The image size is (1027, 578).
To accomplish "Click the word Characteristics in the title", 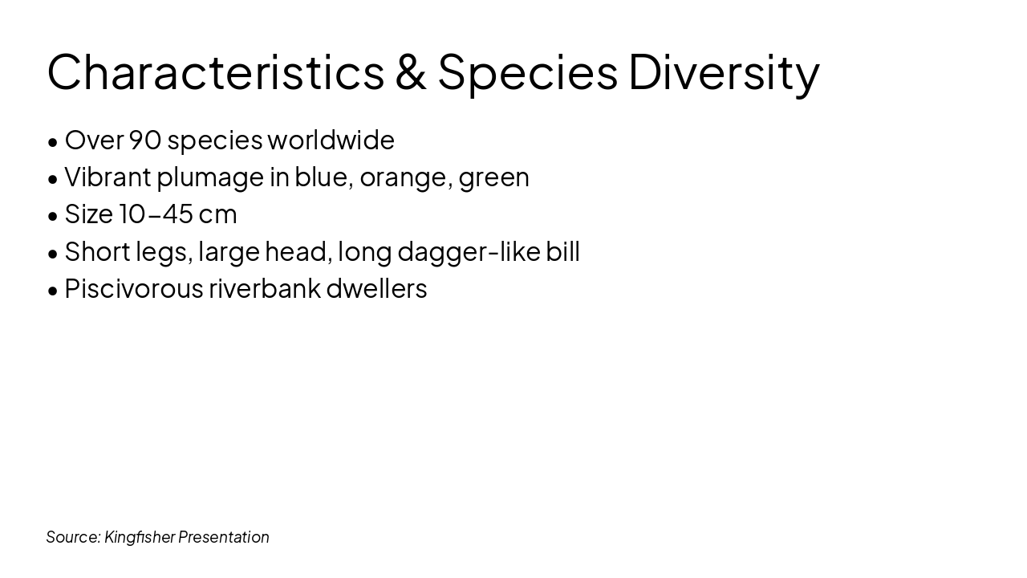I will [215, 71].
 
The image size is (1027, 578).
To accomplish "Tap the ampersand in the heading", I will [410, 71].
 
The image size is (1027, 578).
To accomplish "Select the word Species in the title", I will [527, 71].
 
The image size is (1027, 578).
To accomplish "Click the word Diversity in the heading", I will [724, 71].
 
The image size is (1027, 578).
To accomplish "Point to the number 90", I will [145, 140].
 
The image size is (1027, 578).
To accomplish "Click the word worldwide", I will [331, 140].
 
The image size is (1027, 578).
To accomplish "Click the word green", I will [494, 177].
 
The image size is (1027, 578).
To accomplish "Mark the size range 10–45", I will [156, 214].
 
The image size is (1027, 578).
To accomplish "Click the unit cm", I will [217, 214].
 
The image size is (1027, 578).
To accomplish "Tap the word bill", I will [562, 252].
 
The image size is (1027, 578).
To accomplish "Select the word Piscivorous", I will [133, 289].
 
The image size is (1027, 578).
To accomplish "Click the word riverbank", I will [264, 289].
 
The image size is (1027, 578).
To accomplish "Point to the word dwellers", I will [376, 289].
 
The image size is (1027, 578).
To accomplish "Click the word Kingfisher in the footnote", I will [139, 537].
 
